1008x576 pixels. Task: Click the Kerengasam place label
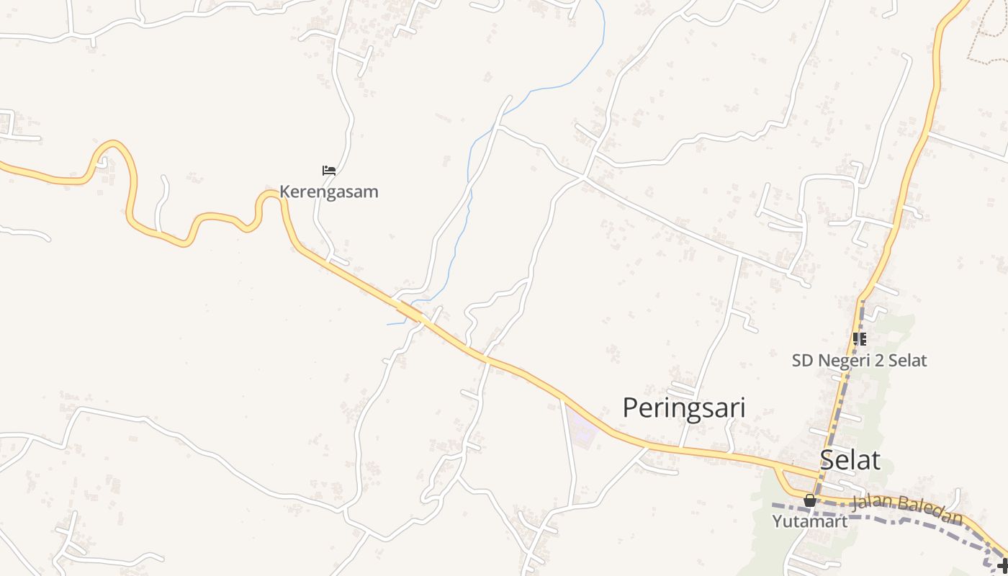[329, 192]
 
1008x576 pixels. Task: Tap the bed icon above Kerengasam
[329, 171]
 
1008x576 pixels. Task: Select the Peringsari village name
[683, 408]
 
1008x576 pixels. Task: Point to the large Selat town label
[850, 460]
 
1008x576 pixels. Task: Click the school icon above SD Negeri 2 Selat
[859, 338]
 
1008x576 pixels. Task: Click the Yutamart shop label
[810, 521]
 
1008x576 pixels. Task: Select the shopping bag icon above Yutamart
[810, 500]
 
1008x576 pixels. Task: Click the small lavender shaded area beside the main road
[582, 427]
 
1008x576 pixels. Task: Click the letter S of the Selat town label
[829, 460]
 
